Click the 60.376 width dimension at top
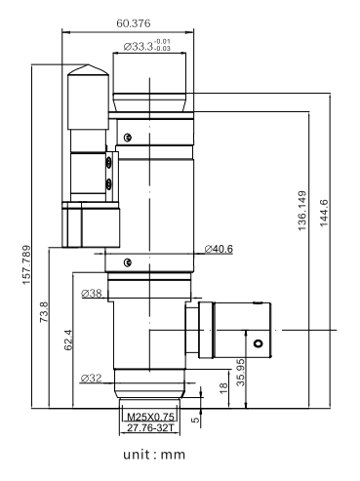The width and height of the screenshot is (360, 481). point(134,23)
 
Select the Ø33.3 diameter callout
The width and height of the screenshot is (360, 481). point(147,46)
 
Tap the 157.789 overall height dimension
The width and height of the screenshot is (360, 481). point(26,264)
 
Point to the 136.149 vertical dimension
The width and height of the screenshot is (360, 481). point(302,211)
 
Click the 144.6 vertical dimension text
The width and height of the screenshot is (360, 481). point(324,213)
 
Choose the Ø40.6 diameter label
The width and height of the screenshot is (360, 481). point(219,249)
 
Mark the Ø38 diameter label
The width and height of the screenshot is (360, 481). point(92,294)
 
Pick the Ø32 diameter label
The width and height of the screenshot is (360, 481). point(91,379)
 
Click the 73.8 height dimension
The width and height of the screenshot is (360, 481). point(44,312)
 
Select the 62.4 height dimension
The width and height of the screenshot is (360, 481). point(68,340)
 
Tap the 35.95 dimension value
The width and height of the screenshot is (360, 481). point(240,372)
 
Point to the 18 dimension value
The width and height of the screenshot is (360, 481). point(223,388)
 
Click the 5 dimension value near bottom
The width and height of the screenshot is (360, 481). point(195,420)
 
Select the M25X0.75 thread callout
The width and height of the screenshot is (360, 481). point(150,417)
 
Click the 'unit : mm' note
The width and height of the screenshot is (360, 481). point(154,455)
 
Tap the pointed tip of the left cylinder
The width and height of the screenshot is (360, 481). point(88,64)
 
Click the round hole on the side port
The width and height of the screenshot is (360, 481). point(259,343)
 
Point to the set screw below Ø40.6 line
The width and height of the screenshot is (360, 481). point(128,262)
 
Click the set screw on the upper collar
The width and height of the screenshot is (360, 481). point(128,138)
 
